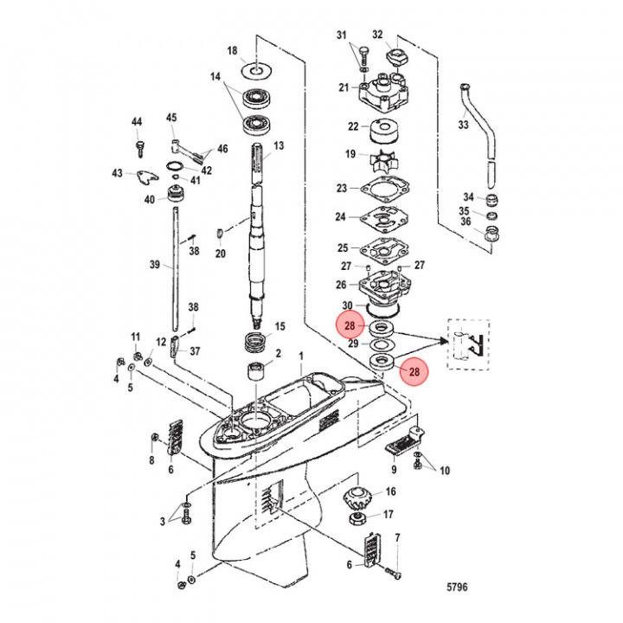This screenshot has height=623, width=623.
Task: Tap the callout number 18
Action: tap(232, 52)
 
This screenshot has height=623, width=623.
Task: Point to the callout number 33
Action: tap(463, 125)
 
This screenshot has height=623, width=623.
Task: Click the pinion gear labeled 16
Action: tap(358, 499)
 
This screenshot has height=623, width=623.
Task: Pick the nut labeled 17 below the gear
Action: tap(358, 520)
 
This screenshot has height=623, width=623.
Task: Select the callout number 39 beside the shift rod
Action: tap(155, 265)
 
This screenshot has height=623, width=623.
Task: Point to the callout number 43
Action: tap(117, 174)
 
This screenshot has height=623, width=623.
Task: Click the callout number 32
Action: tap(377, 34)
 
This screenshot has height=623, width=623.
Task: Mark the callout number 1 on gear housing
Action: tap(301, 356)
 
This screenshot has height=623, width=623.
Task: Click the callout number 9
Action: tap(394, 470)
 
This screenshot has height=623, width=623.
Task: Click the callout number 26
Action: tap(342, 285)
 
